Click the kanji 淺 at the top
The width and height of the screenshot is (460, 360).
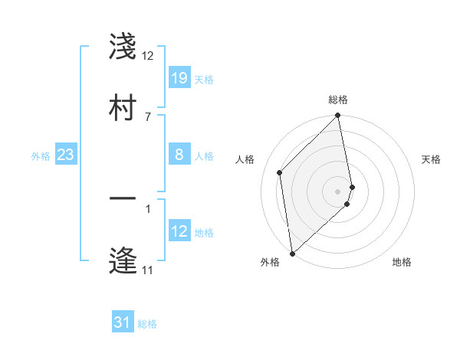tap(123, 47)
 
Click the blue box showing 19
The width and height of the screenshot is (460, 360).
tap(179, 77)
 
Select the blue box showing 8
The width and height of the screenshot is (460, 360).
tap(179, 155)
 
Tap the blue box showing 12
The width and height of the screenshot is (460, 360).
tap(179, 231)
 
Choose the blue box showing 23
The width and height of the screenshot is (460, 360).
tap(66, 155)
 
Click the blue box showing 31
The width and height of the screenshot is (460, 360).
tap(123, 323)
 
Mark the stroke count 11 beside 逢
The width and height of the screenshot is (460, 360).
tap(147, 270)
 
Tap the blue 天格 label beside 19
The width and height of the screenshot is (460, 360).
tap(204, 79)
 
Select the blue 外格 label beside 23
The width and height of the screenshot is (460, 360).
tap(41, 155)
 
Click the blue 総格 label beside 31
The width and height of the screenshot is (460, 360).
tap(147, 324)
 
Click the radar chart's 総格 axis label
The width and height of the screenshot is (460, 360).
tap(338, 100)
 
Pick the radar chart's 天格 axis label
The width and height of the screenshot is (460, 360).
tap(431, 159)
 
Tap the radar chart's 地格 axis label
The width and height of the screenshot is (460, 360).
tap(402, 262)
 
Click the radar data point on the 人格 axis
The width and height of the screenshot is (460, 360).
tap(280, 172)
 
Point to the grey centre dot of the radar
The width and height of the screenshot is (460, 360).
tap(338, 191)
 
